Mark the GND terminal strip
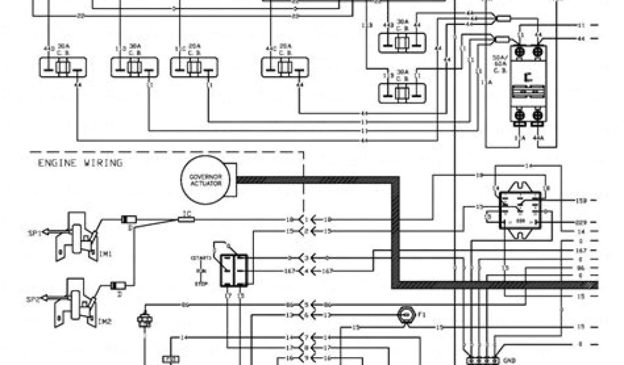click(479, 360)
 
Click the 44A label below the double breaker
click(538, 138)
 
